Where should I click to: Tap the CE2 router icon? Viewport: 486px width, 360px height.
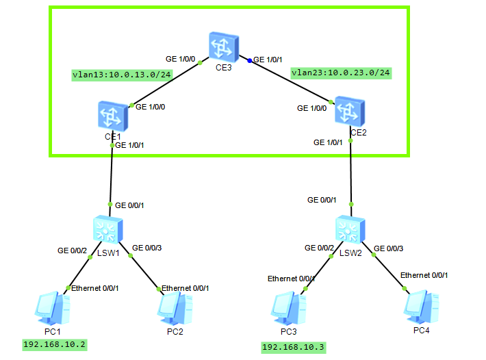click(x=350, y=110)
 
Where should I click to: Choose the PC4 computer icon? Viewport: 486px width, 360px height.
click(x=418, y=306)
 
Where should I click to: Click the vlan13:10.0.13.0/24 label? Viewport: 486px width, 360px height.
click(x=121, y=75)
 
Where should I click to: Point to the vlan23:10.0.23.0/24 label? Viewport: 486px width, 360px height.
click(x=341, y=72)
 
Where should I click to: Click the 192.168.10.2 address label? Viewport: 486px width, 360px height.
click(x=55, y=344)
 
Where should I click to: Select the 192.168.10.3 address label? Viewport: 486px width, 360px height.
click(x=294, y=347)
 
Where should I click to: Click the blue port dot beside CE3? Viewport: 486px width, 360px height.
click(x=250, y=60)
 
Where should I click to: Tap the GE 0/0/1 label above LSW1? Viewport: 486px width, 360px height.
click(x=129, y=205)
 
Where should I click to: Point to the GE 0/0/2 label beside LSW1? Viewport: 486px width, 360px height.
click(x=72, y=250)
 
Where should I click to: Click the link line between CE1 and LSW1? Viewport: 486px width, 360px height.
click(x=112, y=175)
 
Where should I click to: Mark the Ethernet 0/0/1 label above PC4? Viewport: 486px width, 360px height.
click(x=424, y=274)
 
